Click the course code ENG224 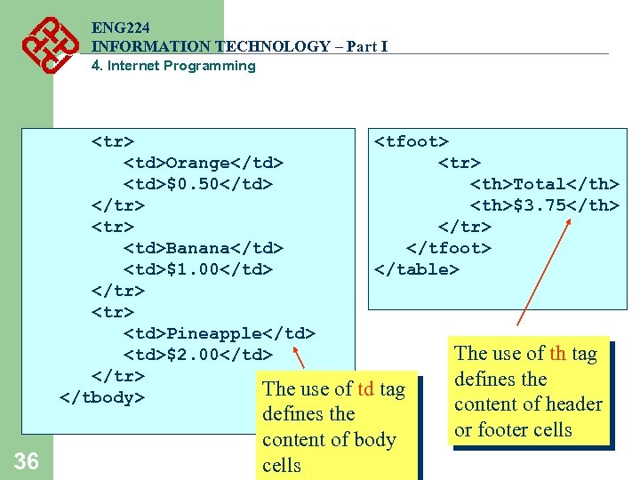point(120,28)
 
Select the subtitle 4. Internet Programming point(173,66)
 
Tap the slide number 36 point(27,460)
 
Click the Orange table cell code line point(203,163)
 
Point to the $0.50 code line point(197,184)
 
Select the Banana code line point(203,248)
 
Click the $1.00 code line point(197,269)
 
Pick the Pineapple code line point(219,333)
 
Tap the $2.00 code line point(197,355)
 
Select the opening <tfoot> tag point(412,141)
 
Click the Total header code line point(544,184)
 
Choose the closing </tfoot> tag point(448,248)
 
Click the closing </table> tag point(417,269)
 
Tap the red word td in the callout point(365,388)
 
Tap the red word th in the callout point(557,354)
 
